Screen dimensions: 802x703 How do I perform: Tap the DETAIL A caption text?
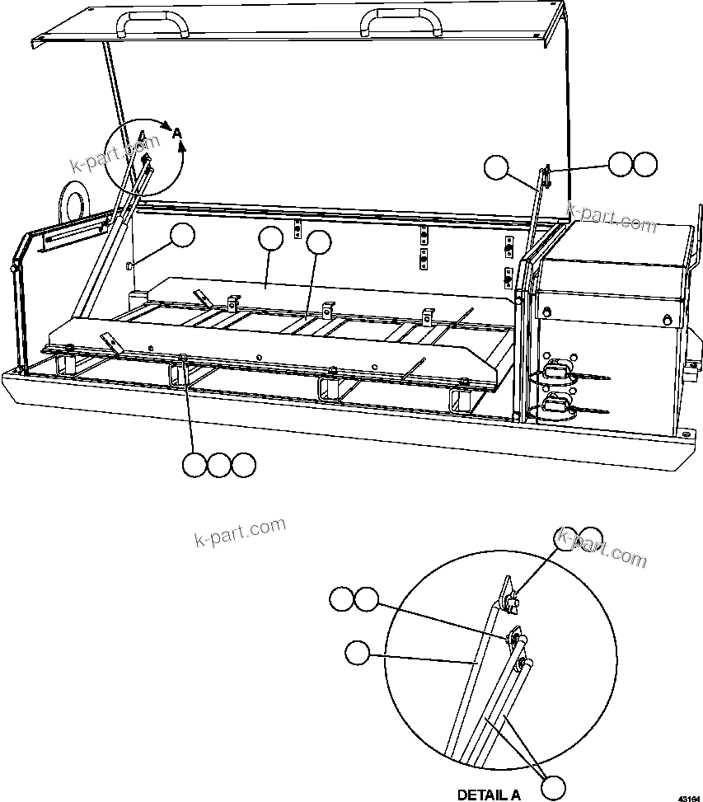489,795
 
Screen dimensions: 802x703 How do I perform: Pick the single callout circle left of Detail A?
357,654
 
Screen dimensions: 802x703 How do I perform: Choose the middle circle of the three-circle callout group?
218,465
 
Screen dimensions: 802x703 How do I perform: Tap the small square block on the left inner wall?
129,265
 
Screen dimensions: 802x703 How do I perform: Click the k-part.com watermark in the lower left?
240,531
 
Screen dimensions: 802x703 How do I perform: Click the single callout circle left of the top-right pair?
495,167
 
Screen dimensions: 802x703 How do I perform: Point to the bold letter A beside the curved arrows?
176,132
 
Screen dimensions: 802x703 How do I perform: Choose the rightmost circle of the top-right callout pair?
645,164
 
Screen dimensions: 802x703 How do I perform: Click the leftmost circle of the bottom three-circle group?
194,465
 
